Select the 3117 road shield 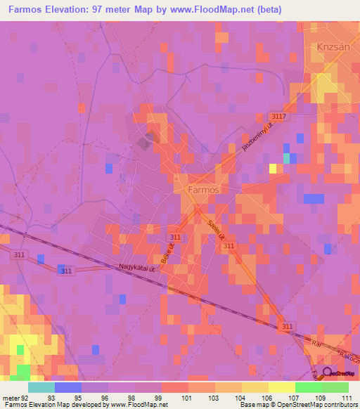pos(277,116)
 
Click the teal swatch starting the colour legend pos(41,387)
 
